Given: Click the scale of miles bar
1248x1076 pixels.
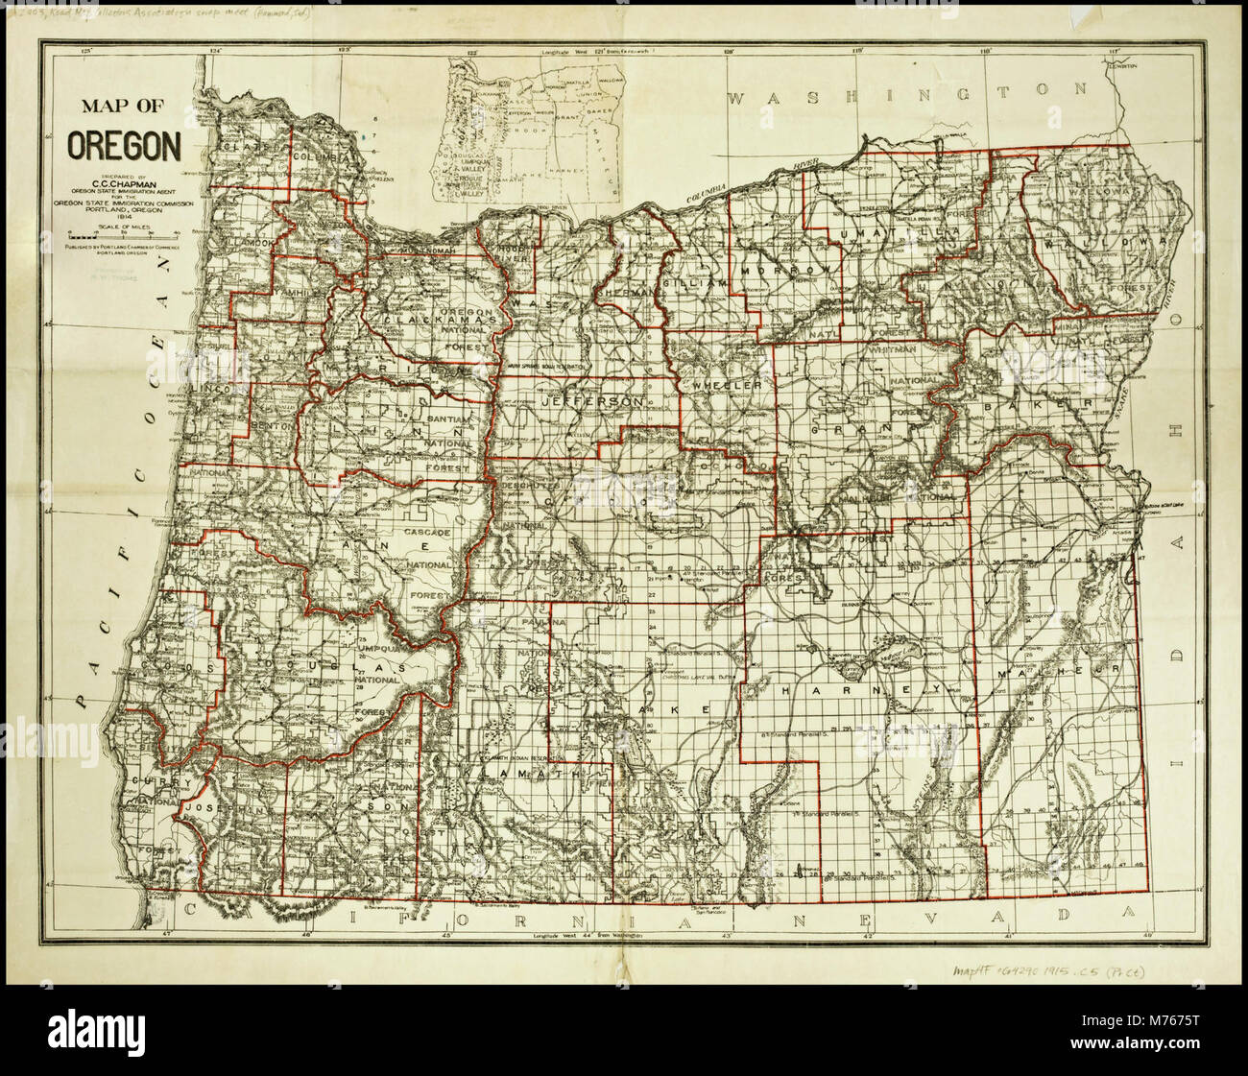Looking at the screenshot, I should tap(123, 234).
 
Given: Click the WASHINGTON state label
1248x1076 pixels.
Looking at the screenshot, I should tap(907, 94).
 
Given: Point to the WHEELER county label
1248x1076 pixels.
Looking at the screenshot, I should tap(723, 384).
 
